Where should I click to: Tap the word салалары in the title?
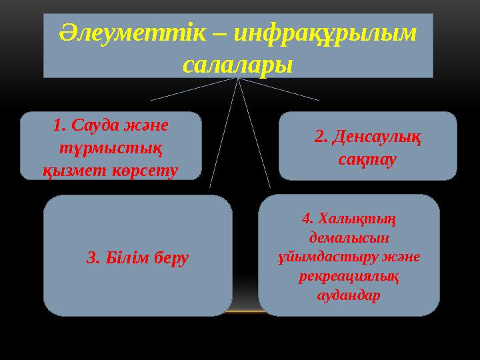(237, 65)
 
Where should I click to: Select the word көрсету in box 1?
(146, 170)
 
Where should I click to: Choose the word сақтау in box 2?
(367, 160)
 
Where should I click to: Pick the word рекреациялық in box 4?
(349, 276)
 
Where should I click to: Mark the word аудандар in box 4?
(349, 295)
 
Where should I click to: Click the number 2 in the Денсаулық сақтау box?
(319, 137)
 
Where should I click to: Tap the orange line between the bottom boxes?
(245, 311)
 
